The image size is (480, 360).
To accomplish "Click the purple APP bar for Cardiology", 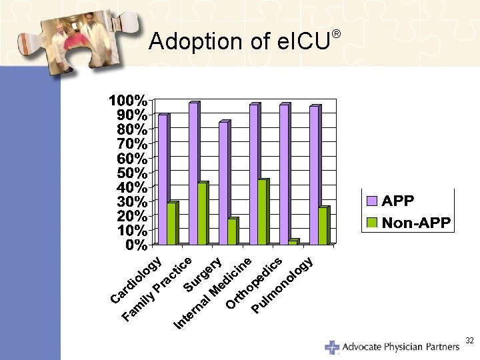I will pos(163,179).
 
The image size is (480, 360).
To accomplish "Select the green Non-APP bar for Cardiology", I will pos(172,223).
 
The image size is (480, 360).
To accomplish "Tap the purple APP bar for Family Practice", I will pos(193,173).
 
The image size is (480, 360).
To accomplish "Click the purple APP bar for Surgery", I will pos(223,183).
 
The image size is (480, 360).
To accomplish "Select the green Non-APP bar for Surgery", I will pos(232,231).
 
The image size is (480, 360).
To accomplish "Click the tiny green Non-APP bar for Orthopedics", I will pos(293,242).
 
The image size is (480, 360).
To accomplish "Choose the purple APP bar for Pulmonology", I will pos(314,175).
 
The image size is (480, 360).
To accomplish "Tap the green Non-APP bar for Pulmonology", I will pos(323,226).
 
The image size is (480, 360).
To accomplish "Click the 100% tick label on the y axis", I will pos(129,101).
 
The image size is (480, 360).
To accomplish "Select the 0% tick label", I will pos(137,245).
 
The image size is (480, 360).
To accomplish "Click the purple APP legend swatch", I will pos(372,201).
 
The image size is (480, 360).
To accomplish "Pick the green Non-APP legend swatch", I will pos(372,222).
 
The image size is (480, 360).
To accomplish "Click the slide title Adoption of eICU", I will pos(240,41).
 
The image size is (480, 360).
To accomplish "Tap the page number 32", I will pos(469,341).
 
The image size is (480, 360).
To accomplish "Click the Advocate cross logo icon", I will pos(331,347).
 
